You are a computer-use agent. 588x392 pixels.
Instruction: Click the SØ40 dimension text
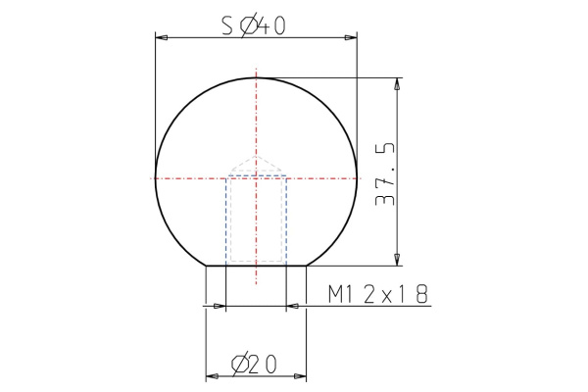pyautogui.click(x=254, y=26)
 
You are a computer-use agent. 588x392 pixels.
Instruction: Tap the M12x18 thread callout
pyautogui.click(x=378, y=294)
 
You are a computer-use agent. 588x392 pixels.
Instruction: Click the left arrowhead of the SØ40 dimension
pyautogui.click(x=162, y=38)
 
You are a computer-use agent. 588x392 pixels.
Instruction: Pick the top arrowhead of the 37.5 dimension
pyautogui.click(x=397, y=83)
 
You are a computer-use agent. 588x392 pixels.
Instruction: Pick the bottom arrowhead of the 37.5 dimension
pyautogui.click(x=397, y=260)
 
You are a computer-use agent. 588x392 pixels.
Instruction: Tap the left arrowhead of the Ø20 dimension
pyautogui.click(x=211, y=376)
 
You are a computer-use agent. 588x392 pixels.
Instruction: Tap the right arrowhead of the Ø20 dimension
pyautogui.click(x=301, y=376)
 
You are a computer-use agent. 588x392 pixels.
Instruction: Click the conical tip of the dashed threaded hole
pyautogui.click(x=257, y=158)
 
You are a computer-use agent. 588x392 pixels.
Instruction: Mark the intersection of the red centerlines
pyautogui.click(x=257, y=177)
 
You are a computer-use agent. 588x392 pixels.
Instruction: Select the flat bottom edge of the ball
pyautogui.click(x=257, y=266)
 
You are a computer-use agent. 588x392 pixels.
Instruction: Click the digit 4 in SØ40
pyautogui.click(x=263, y=26)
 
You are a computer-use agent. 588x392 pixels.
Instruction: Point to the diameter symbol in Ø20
pyautogui.click(x=239, y=365)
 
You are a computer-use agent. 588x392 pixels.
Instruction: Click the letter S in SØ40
pyautogui.click(x=226, y=26)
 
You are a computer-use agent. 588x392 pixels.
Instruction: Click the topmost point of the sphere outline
pyautogui.click(x=257, y=77)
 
